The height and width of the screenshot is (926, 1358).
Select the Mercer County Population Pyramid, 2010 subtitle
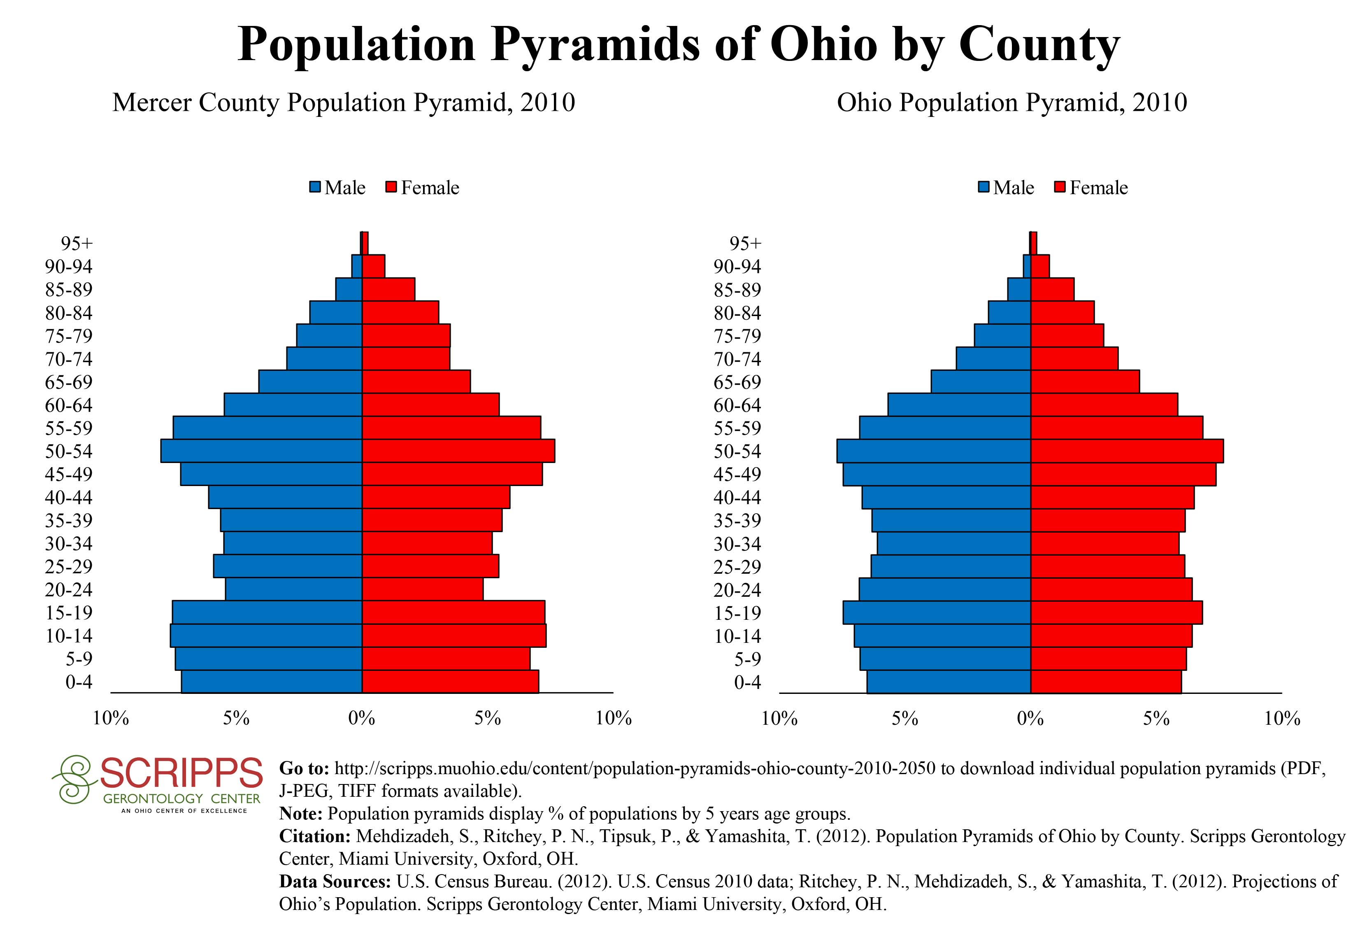344,103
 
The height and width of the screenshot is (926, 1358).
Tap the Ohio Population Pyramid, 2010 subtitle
1012,103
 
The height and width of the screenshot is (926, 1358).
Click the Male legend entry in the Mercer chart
338,188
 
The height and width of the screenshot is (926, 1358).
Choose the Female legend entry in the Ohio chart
1091,188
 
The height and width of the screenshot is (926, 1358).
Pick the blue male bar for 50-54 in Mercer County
261,451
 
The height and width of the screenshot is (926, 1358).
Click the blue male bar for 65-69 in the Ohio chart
981,382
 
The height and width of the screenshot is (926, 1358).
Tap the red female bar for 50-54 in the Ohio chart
1127,451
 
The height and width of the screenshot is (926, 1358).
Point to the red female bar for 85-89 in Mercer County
388,289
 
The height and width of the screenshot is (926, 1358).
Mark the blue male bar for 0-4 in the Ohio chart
949,682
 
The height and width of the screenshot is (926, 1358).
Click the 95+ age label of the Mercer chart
77,244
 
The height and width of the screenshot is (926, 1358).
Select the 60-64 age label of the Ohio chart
737,405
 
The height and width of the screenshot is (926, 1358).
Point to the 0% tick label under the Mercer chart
362,719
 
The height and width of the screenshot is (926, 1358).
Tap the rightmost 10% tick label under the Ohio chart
1281,719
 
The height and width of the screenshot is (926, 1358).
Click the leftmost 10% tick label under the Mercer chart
111,719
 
